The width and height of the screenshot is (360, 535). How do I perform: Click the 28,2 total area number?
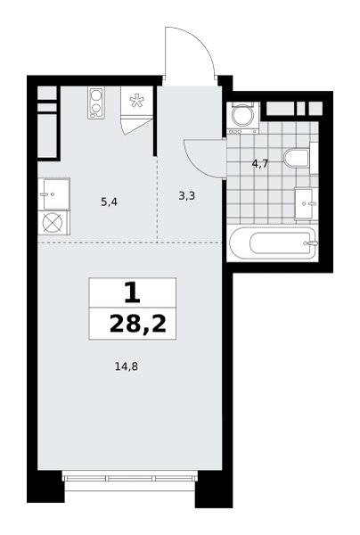coord(138,324)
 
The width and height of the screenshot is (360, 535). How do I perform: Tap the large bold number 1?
coord(132,292)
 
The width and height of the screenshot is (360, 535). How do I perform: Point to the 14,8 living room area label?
coord(127,366)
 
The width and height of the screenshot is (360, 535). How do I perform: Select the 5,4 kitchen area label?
coord(109,202)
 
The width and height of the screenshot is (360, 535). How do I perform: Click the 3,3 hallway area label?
coord(187,196)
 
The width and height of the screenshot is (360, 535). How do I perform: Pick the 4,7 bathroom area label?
coord(260,164)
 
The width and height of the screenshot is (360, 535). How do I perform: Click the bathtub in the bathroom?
coord(274,243)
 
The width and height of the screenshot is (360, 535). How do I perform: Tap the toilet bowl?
coord(296,158)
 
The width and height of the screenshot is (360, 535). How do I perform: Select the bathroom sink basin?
coord(304,204)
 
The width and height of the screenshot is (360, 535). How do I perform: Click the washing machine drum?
coord(241,115)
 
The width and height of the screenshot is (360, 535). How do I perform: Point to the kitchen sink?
coord(53,193)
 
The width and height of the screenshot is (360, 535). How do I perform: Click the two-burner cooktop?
coord(96,103)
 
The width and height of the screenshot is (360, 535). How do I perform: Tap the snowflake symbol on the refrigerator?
coord(136,100)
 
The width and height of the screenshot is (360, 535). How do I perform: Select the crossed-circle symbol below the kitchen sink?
coord(53,223)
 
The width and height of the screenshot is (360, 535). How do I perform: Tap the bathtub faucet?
coord(312,243)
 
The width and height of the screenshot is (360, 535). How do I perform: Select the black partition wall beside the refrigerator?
coord(155,121)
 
